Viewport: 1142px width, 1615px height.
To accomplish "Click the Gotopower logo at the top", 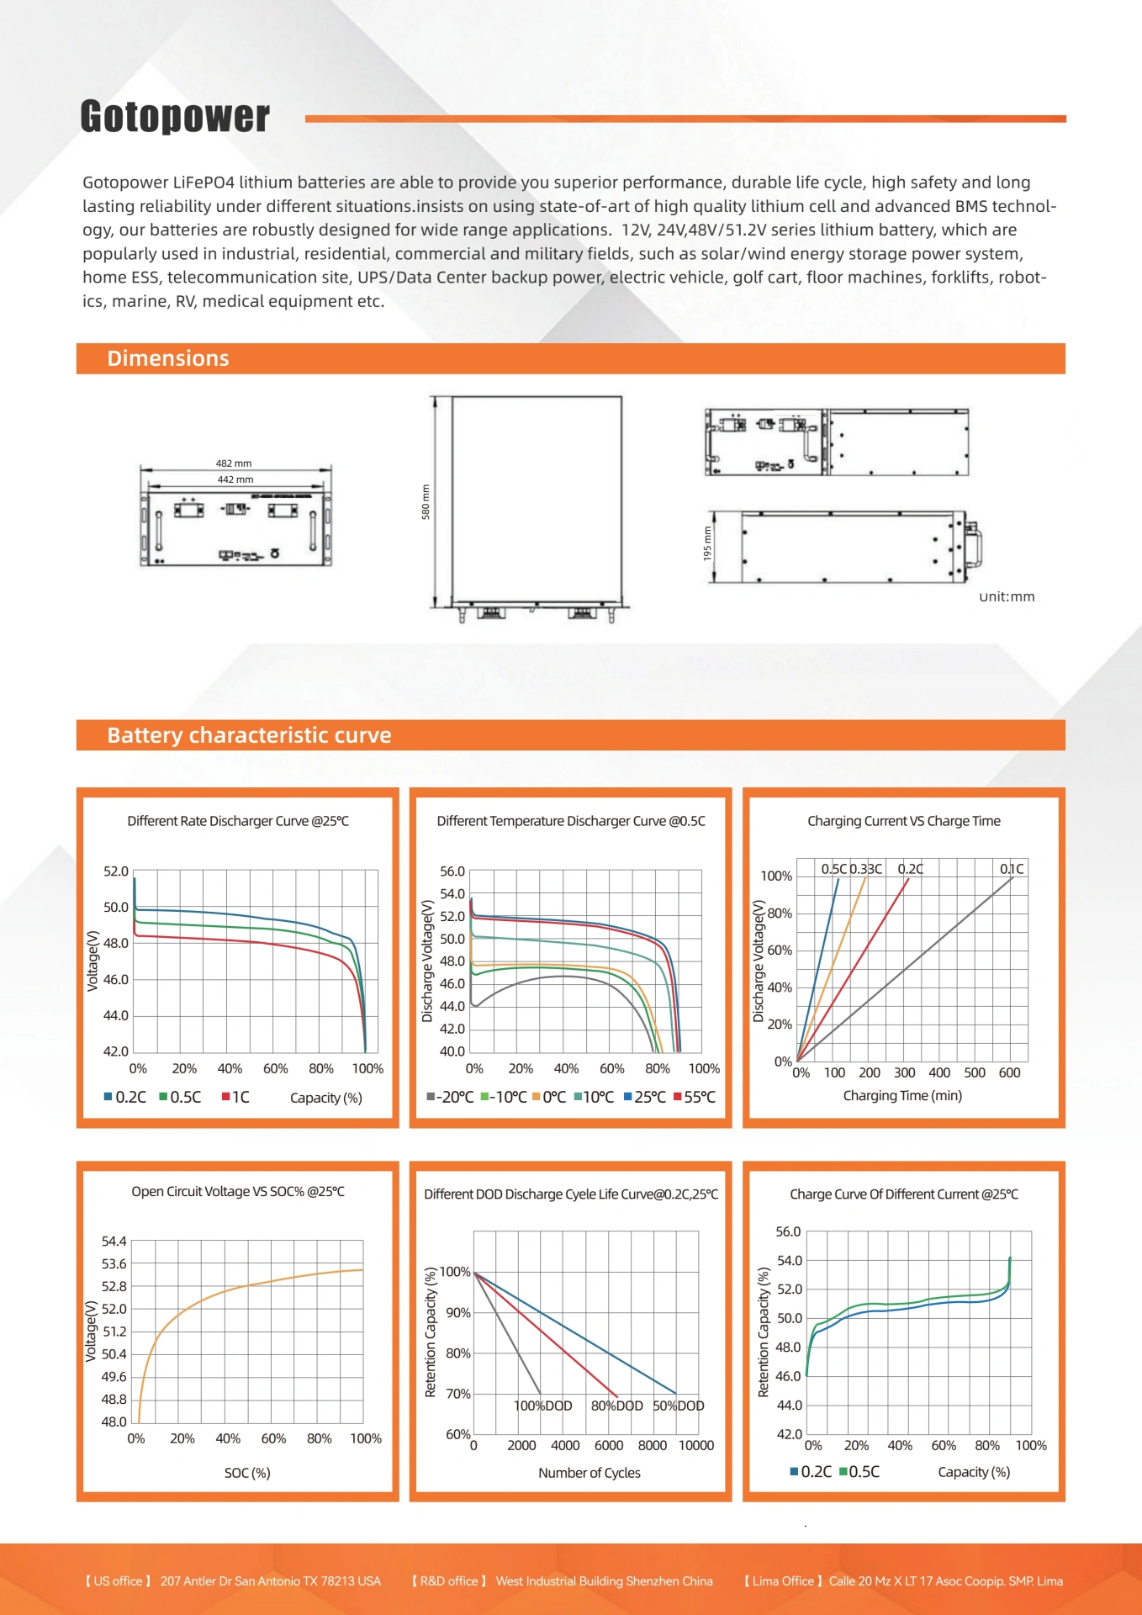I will (175, 117).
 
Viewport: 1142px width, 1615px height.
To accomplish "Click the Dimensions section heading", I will (168, 358).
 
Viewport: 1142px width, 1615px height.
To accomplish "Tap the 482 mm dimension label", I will (234, 463).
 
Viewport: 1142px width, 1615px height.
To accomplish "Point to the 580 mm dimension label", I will (426, 501).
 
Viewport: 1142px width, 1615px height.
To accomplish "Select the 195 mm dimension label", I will (707, 544).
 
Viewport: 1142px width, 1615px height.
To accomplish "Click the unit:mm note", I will (1007, 596).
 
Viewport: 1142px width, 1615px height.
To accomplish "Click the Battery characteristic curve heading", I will (249, 735).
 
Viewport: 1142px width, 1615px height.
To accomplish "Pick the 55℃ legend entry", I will (695, 1097).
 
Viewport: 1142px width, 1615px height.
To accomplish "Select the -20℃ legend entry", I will (451, 1097).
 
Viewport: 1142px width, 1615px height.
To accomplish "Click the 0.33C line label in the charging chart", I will (865, 869).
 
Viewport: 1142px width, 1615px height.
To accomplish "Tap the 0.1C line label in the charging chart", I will (1012, 869).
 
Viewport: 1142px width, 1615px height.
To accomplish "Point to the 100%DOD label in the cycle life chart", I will (542, 1406).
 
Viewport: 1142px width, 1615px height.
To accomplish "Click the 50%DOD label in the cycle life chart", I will (679, 1406).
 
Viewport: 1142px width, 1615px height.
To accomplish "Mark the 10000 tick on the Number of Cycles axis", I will (696, 1445).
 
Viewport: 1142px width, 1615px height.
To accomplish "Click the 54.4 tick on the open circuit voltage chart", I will (114, 1242).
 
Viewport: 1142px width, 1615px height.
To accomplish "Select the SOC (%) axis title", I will (247, 1473).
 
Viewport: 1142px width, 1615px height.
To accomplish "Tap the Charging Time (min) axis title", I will (902, 1095).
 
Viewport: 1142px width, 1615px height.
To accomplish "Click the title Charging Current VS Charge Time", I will (904, 821).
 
